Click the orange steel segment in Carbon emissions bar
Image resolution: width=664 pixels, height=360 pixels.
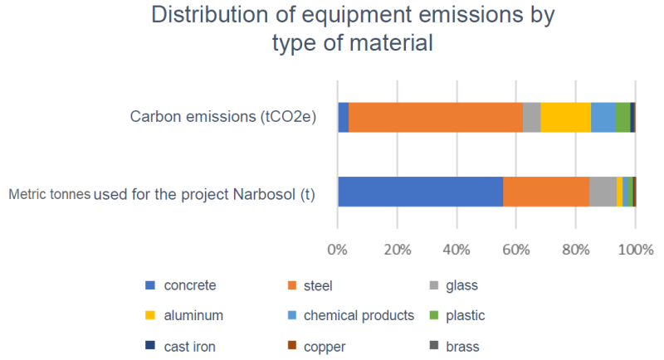click(x=436, y=117)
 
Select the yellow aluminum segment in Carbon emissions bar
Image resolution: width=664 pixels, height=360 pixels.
click(x=565, y=117)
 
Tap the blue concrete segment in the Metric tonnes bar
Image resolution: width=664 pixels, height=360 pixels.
click(x=420, y=192)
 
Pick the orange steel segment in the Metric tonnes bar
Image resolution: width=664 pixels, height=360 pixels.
click(x=546, y=192)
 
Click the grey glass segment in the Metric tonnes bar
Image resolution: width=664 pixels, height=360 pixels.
click(x=603, y=192)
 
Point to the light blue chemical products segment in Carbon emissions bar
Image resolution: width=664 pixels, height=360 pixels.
click(x=603, y=117)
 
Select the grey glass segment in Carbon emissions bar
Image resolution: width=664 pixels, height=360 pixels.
click(x=532, y=117)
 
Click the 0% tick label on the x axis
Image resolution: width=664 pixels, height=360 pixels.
click(x=338, y=248)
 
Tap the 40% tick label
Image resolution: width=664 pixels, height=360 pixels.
click(x=456, y=248)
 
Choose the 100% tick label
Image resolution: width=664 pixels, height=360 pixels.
click(x=635, y=248)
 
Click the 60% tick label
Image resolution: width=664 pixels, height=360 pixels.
click(x=516, y=248)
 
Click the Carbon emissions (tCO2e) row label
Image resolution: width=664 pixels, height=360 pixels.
click(x=223, y=116)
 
